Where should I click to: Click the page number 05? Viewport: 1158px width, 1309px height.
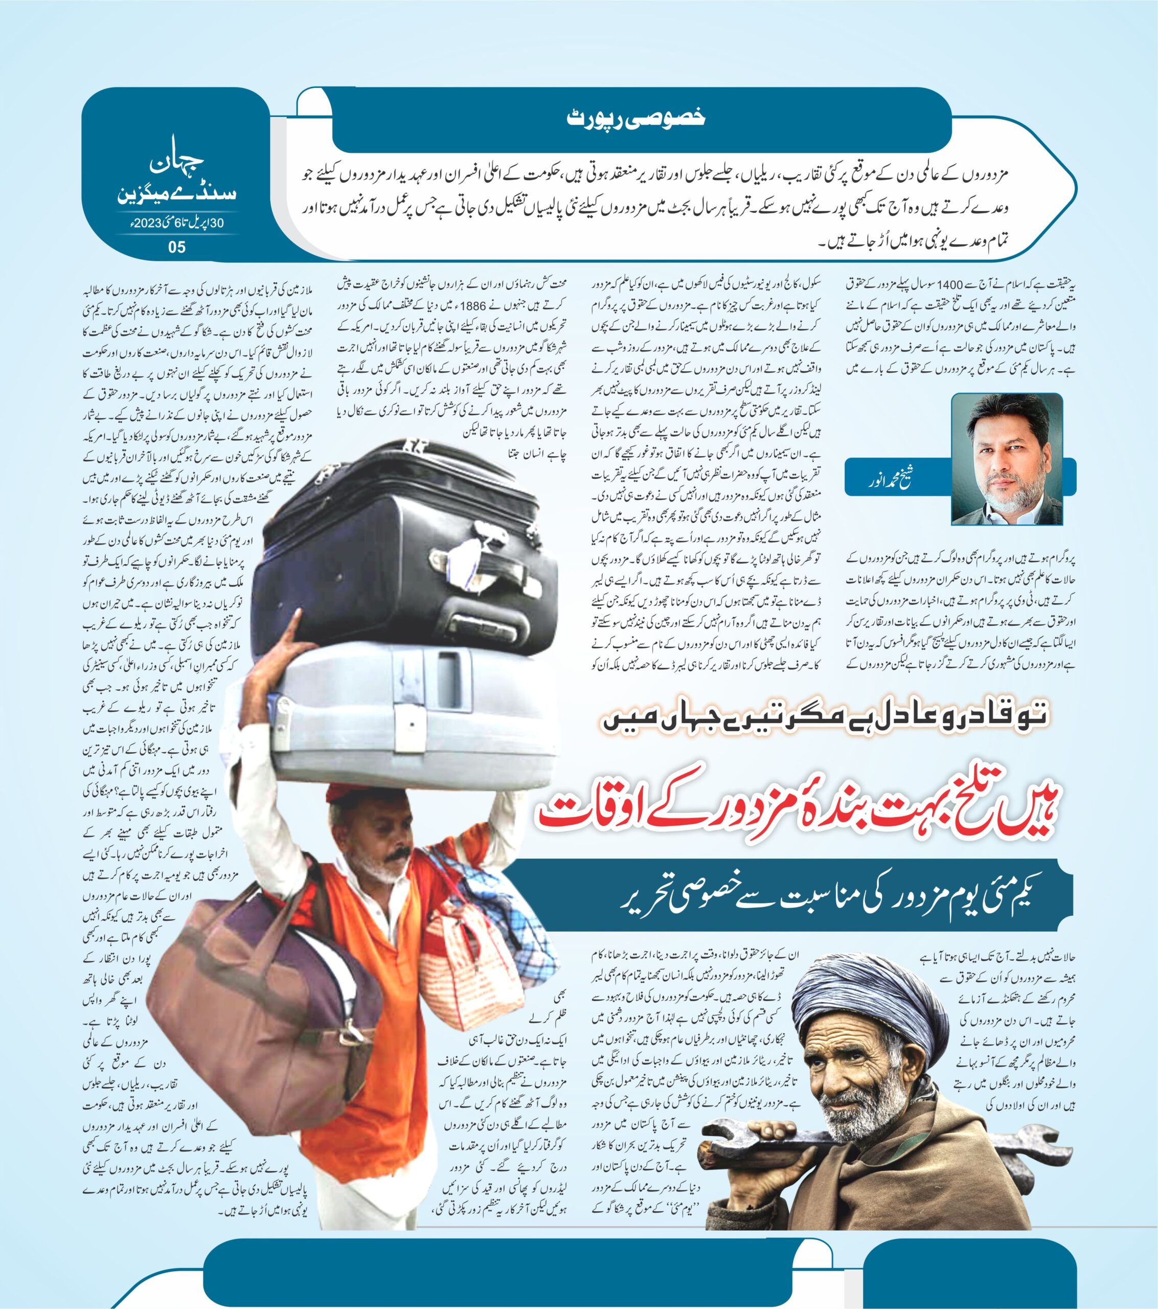point(176,246)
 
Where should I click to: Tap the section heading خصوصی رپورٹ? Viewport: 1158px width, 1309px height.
point(637,117)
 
